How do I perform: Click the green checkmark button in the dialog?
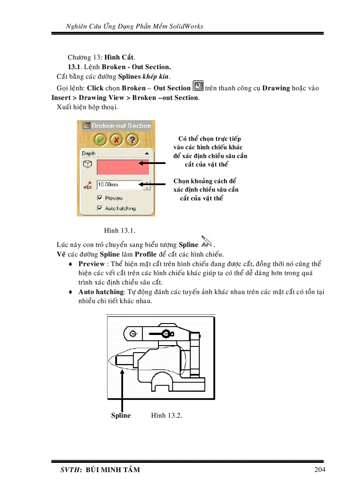(101, 140)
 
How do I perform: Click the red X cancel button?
(116, 140)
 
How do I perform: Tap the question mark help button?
(132, 140)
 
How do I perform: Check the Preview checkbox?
(100, 198)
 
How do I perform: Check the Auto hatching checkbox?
(100, 208)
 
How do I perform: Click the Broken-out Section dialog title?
(120, 126)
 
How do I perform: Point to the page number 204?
(320, 469)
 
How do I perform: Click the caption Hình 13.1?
(120, 231)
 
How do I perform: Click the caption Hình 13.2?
(166, 415)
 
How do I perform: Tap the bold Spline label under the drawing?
(121, 415)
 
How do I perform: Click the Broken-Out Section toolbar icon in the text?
(198, 86)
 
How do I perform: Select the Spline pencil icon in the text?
(206, 242)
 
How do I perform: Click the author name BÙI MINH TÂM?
(112, 470)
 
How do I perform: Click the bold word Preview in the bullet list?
(92, 264)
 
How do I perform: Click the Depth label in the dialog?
(89, 153)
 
